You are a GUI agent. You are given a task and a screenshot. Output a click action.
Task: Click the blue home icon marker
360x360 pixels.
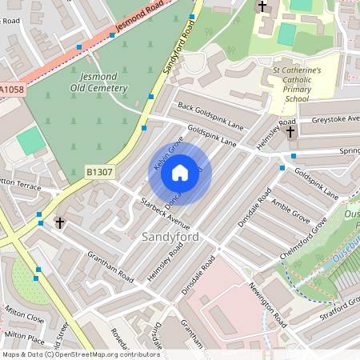(180, 172)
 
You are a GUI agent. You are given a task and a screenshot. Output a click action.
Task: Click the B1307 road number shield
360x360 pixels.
(98, 170)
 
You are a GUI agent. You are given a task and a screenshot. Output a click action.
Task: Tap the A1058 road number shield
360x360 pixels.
(12, 90)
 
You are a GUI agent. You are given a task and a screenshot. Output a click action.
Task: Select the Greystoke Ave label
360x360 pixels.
(335, 118)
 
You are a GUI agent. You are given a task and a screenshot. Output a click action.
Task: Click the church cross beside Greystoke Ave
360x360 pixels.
(290, 130)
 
